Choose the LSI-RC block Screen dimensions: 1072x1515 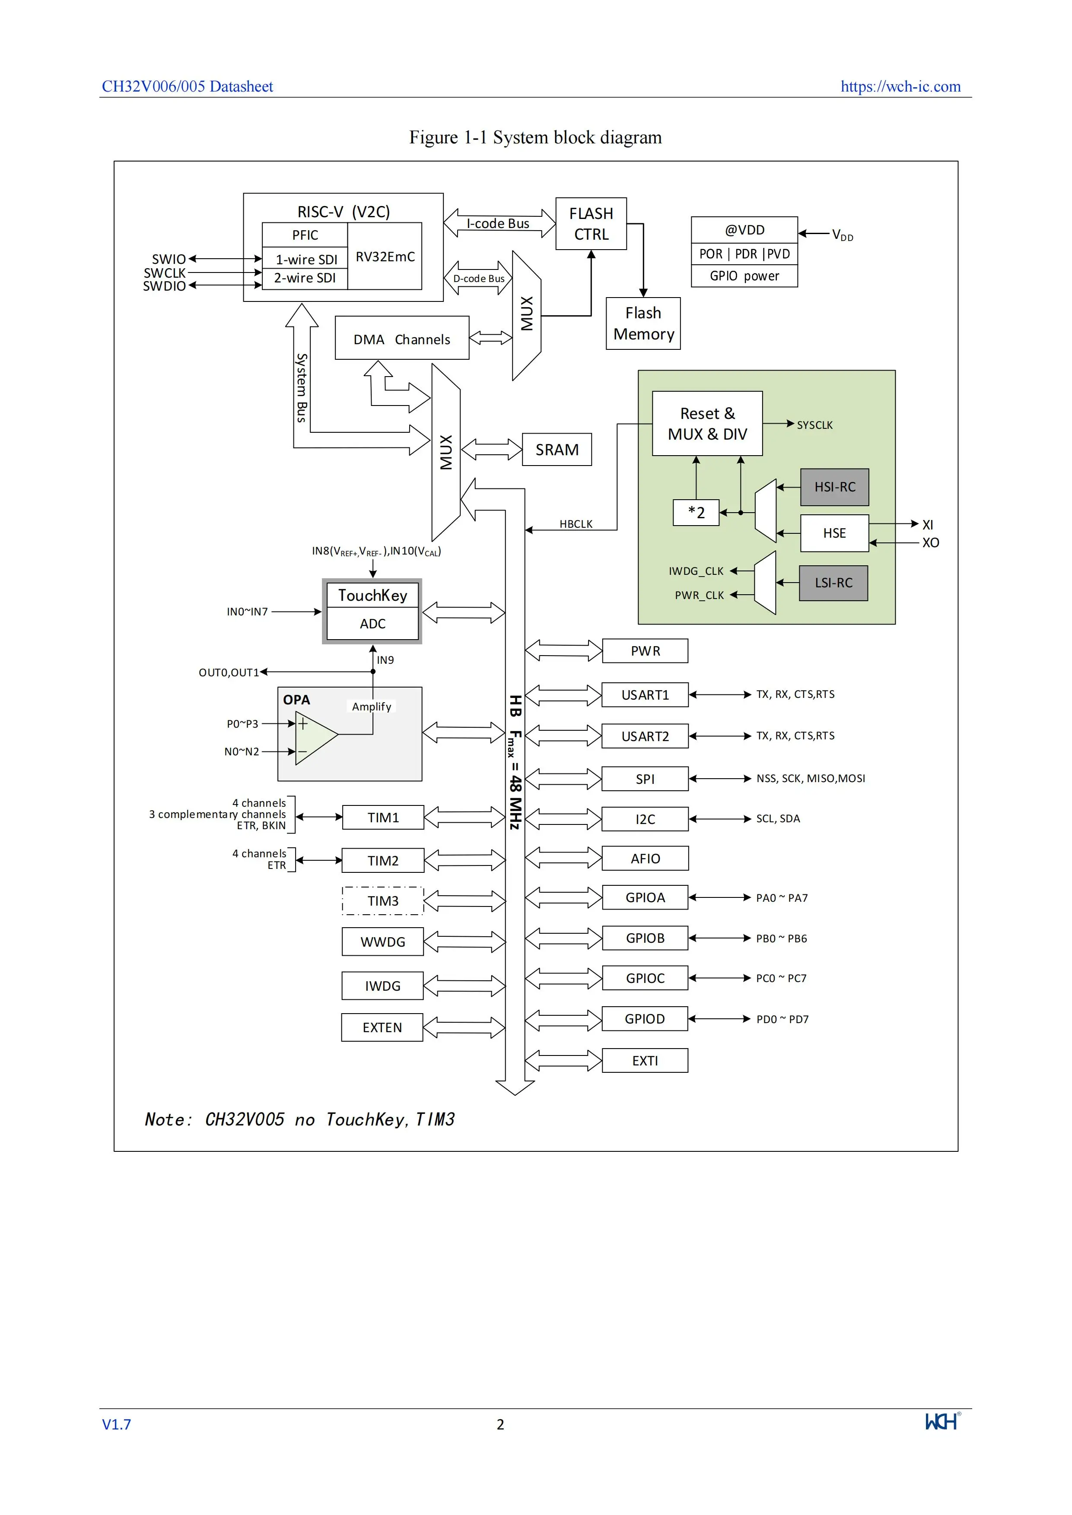click(833, 583)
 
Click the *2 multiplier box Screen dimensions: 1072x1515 click(696, 513)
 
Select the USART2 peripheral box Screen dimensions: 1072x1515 click(645, 736)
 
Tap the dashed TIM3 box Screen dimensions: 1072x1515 click(383, 901)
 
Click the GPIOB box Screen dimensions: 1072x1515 click(645, 938)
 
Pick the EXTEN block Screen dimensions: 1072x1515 click(382, 1027)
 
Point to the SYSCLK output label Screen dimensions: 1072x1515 click(814, 425)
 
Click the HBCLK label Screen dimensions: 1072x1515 click(576, 524)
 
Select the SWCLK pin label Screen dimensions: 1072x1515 click(164, 273)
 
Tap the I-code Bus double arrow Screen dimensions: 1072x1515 click(499, 223)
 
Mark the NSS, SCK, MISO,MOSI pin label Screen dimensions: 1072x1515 click(811, 779)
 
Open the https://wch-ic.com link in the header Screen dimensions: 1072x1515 click(900, 86)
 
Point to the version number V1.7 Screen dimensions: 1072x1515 click(116, 1425)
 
